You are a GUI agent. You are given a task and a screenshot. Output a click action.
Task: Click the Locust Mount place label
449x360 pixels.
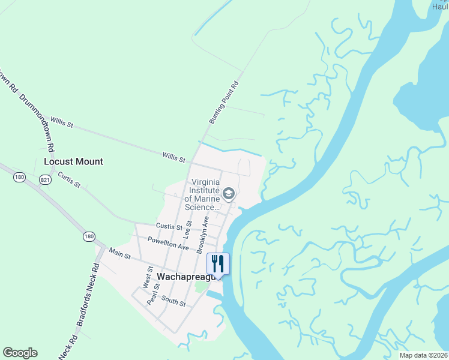(x=73, y=161)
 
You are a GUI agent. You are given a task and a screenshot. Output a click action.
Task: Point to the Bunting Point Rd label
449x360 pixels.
(x=224, y=103)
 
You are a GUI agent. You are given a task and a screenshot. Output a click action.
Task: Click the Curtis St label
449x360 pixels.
(x=69, y=179)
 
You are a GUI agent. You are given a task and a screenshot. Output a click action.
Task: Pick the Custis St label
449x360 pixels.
(x=169, y=227)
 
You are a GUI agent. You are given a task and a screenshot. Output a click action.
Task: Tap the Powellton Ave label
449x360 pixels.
(x=169, y=243)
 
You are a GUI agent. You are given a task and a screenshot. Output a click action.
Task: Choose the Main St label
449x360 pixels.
(x=119, y=254)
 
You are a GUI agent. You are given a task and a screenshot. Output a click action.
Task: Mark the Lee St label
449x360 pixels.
(x=187, y=229)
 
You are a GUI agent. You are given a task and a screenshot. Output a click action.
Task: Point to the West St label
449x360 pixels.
(x=146, y=277)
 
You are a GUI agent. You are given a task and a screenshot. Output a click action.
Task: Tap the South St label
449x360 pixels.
(x=173, y=302)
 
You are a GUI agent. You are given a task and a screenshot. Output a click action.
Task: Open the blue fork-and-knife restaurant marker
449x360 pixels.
(x=218, y=263)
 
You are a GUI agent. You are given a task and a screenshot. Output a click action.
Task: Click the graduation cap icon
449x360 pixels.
(x=228, y=193)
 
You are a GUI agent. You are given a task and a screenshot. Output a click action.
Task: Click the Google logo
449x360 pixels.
(x=20, y=353)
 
